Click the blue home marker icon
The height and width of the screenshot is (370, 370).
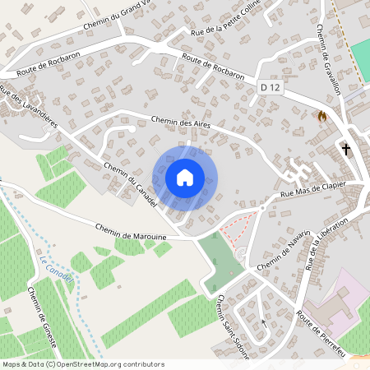click(185, 177)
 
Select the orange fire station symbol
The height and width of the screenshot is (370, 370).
click(322, 117)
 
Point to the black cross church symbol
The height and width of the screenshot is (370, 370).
click(346, 149)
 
